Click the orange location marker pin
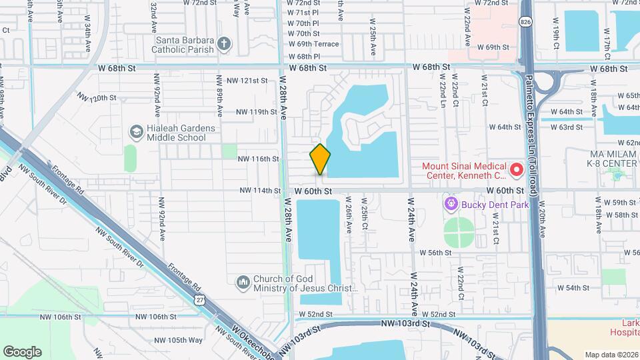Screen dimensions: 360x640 [320, 159]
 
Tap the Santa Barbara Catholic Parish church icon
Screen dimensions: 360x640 [224, 45]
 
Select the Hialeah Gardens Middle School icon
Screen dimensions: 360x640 [137, 132]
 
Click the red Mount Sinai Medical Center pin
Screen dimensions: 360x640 [516, 170]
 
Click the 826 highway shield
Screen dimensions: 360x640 [527, 22]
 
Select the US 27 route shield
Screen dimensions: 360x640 [200, 301]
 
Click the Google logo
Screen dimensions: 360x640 [22, 352]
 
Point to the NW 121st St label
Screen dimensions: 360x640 [247, 81]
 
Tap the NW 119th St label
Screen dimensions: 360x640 [257, 112]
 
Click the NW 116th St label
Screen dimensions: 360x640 [258, 159]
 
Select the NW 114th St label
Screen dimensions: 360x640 [260, 191]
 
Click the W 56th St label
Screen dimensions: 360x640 [436, 253]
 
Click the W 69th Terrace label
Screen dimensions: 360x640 [313, 44]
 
